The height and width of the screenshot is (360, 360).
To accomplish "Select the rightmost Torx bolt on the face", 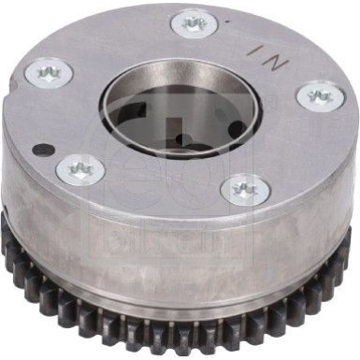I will (x=321, y=94).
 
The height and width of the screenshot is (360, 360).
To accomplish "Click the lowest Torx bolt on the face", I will (x=245, y=190).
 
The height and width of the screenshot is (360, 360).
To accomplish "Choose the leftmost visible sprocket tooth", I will (x=7, y=238).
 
